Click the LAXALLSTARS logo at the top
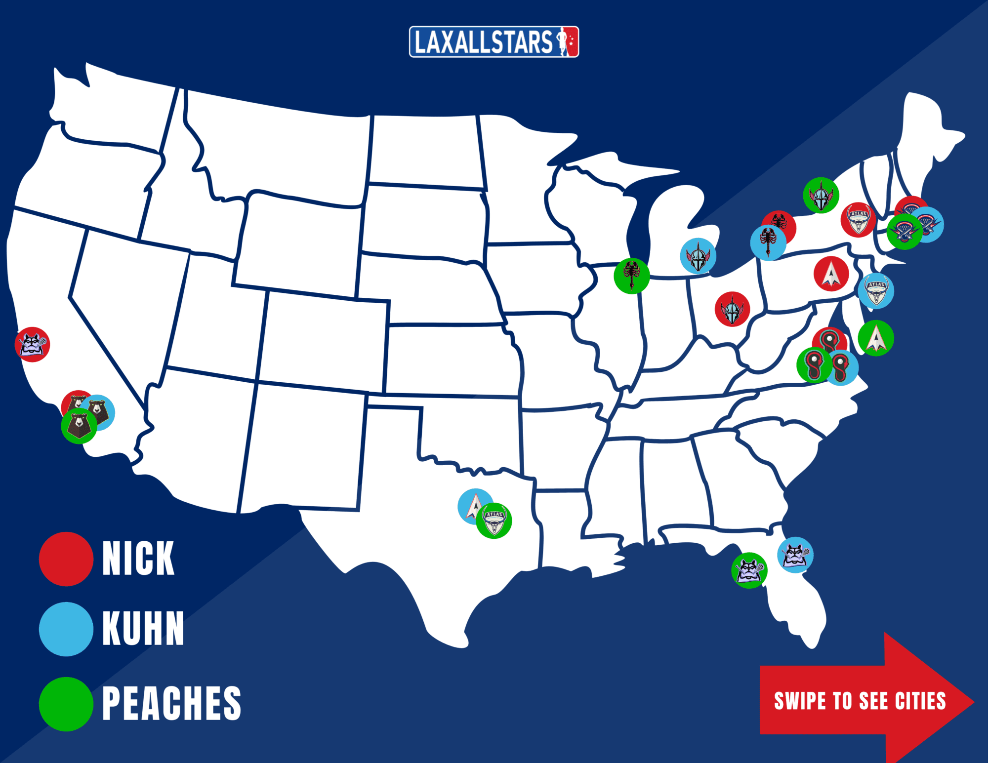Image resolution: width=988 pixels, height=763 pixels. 494,42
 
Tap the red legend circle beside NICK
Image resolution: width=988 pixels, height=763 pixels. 66,559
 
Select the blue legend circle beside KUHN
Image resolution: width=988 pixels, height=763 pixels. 66,629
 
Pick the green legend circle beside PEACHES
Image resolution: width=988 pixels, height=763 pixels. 66,704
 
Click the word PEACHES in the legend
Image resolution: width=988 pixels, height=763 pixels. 171,704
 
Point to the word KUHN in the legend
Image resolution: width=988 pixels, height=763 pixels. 143,629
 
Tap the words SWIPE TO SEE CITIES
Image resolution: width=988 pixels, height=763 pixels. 860,701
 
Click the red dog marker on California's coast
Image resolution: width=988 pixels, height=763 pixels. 32,344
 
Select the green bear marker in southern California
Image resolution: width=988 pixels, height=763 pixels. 79,426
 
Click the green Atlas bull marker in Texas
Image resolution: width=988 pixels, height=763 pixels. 494,521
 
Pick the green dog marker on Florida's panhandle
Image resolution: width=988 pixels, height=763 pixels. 749,570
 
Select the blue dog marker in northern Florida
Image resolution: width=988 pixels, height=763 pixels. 795,555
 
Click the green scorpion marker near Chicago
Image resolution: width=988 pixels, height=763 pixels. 631,276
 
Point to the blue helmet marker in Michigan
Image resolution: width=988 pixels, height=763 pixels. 698,256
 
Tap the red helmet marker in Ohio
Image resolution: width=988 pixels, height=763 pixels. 732,309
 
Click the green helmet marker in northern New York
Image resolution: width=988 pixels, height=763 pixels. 821,195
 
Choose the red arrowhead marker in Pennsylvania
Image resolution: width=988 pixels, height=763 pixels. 831,274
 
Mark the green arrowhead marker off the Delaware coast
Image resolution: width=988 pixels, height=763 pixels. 876,338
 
